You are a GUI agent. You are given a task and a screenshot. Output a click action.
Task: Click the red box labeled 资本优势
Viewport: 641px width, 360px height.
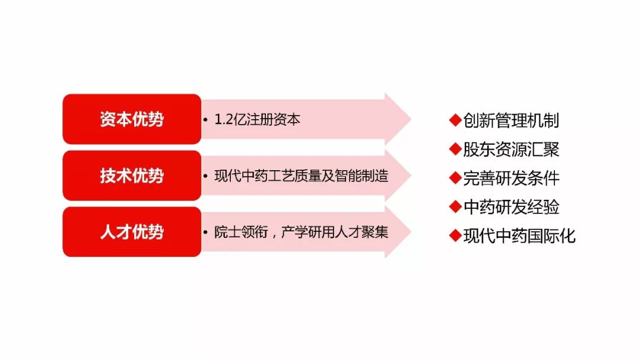coord(132,119)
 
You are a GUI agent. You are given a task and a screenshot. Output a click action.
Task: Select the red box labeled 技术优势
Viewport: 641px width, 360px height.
coord(132,176)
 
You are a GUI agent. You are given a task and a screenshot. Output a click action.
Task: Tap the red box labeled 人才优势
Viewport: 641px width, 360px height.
coord(132,232)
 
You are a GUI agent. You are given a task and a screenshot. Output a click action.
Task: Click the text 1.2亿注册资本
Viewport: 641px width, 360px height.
coord(257,119)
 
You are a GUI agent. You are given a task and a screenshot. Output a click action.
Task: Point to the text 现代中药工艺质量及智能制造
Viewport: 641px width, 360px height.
coord(302,176)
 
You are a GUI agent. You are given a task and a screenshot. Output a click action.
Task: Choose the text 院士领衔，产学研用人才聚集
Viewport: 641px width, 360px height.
coord(302,232)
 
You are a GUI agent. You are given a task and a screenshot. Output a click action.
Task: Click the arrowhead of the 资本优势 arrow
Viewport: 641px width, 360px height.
coord(398,119)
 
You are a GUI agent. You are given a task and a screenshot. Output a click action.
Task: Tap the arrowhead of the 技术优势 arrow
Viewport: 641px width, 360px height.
coord(398,176)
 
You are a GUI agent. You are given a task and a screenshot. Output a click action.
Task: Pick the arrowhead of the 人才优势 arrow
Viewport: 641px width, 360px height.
coord(398,232)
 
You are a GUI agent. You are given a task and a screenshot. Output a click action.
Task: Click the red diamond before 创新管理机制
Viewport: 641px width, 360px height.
coord(455,120)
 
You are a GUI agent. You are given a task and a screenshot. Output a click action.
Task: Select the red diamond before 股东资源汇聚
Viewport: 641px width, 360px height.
coord(455,149)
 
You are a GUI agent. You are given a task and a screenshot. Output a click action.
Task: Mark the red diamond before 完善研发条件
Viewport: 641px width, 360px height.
coord(455,178)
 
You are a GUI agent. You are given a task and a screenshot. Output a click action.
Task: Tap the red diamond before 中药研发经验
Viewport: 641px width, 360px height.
coord(455,207)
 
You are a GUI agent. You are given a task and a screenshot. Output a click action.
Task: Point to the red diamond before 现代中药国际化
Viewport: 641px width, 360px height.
coord(455,236)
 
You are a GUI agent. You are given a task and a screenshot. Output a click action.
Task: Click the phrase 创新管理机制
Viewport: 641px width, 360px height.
coord(511,120)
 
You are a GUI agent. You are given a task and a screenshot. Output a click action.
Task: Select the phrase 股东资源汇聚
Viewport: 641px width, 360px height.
coord(511,149)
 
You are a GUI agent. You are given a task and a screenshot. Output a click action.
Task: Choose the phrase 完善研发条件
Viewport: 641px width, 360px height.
coord(511,178)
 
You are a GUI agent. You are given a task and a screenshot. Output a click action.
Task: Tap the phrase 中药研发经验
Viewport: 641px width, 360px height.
coord(511,207)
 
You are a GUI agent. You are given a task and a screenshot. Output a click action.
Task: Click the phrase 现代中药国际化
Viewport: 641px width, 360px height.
coord(519,236)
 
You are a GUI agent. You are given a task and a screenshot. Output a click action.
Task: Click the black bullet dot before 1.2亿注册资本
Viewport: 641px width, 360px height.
coord(205,120)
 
